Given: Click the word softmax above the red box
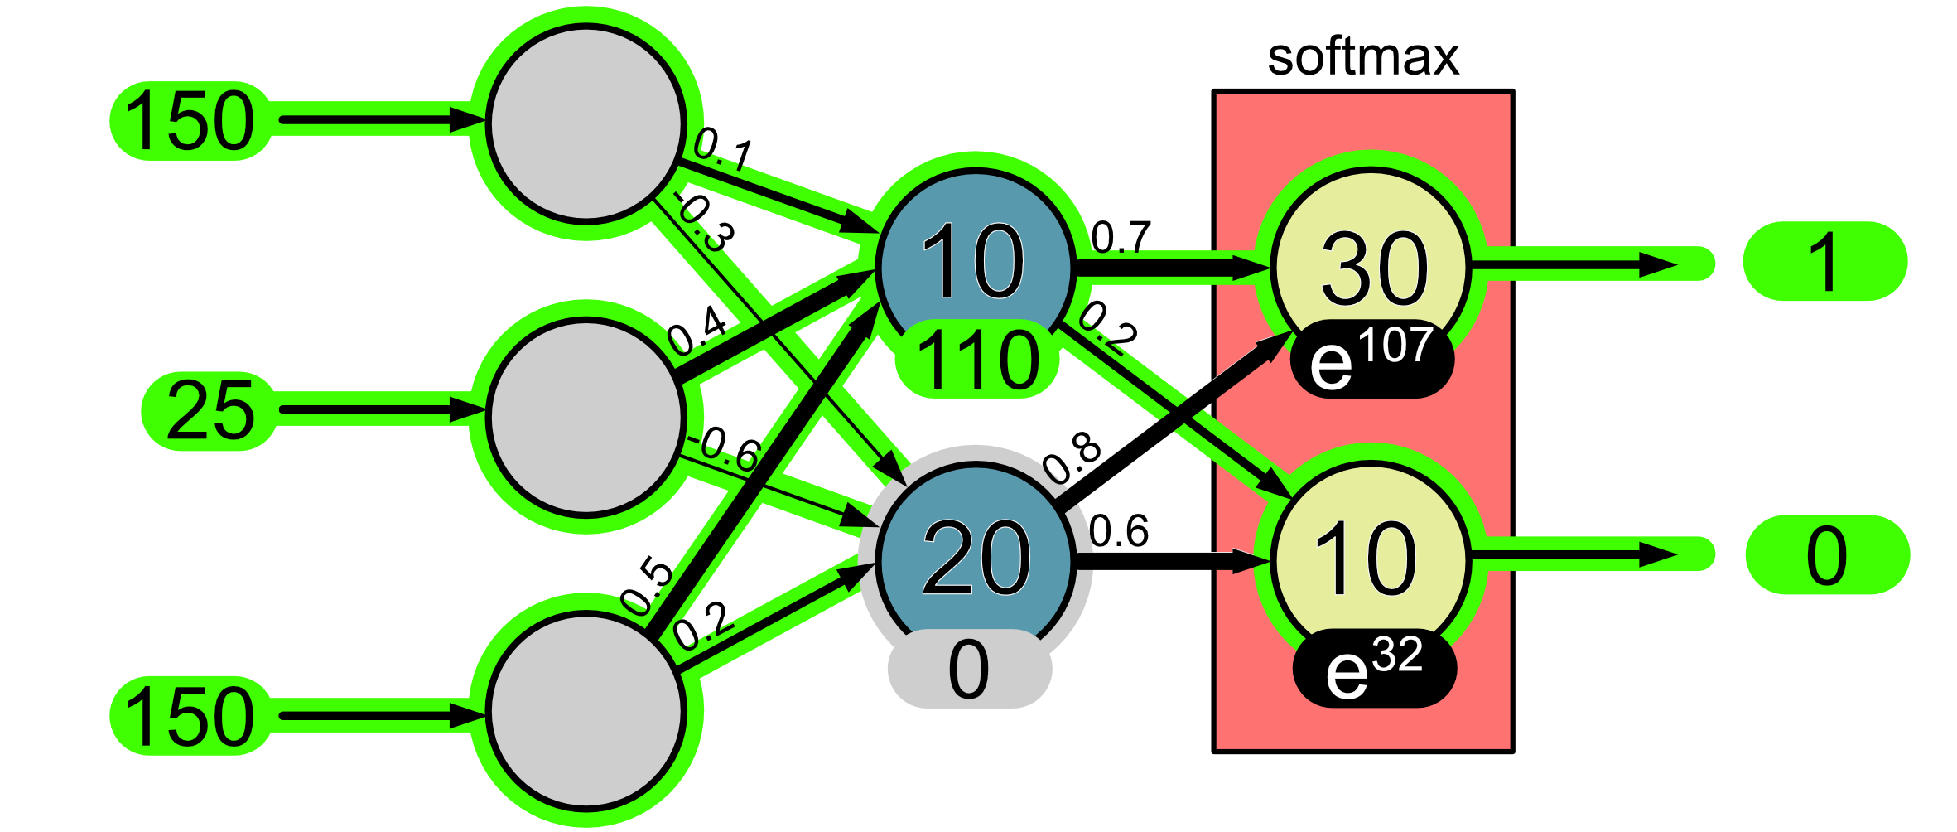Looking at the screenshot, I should (1362, 57).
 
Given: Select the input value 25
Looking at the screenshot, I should (210, 410).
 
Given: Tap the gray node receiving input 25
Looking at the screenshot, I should (586, 417).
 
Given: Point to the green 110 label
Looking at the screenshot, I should (977, 360).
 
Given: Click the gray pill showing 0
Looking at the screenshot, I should (969, 669).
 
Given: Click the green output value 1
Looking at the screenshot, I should (1824, 262).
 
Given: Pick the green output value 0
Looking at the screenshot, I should (1827, 555).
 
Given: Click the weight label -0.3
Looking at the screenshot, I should (704, 222).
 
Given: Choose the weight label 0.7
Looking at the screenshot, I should (1121, 238).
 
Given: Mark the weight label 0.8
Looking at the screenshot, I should (1072, 457).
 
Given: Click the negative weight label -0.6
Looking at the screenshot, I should (727, 448).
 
